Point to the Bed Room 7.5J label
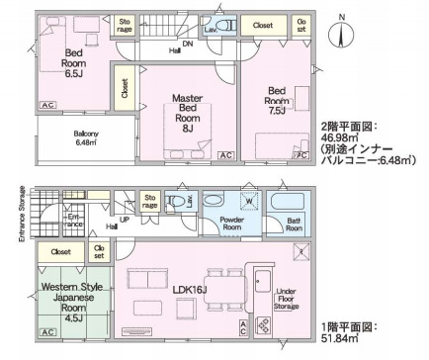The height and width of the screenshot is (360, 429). point(277,101)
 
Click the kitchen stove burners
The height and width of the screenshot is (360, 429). point(264,324)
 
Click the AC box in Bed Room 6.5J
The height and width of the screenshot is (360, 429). point(47,104)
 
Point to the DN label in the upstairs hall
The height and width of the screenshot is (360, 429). point(174,43)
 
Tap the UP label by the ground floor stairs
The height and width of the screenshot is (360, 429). point(125,221)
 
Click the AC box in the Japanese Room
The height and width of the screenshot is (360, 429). point(46,335)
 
